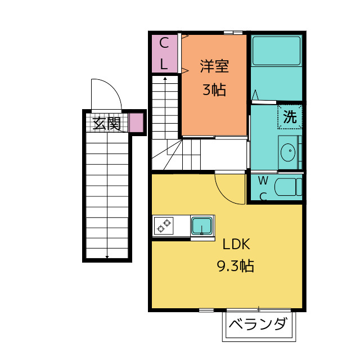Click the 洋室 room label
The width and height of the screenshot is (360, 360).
(x=214, y=66)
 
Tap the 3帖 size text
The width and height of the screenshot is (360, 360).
(x=214, y=89)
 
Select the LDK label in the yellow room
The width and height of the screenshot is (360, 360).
(x=236, y=244)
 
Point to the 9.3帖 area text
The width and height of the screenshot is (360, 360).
(x=236, y=266)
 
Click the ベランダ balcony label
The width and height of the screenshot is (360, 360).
(x=258, y=324)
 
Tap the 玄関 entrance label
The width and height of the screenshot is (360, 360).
(x=107, y=124)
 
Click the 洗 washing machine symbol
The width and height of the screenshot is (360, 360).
(x=290, y=116)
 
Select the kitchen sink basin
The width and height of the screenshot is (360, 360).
(x=202, y=226)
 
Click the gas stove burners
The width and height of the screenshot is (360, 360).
(x=164, y=226)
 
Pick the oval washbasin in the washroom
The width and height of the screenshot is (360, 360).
(x=288, y=152)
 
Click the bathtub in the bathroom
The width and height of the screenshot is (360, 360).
(x=276, y=51)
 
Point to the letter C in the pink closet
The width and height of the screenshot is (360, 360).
(x=164, y=43)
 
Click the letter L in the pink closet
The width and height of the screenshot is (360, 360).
(x=164, y=64)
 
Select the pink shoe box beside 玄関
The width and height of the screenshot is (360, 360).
(x=136, y=123)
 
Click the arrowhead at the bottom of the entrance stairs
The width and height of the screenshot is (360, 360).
(x=107, y=256)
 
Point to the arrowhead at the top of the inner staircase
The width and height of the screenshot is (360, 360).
(x=165, y=79)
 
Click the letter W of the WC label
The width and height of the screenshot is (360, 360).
(x=263, y=181)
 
